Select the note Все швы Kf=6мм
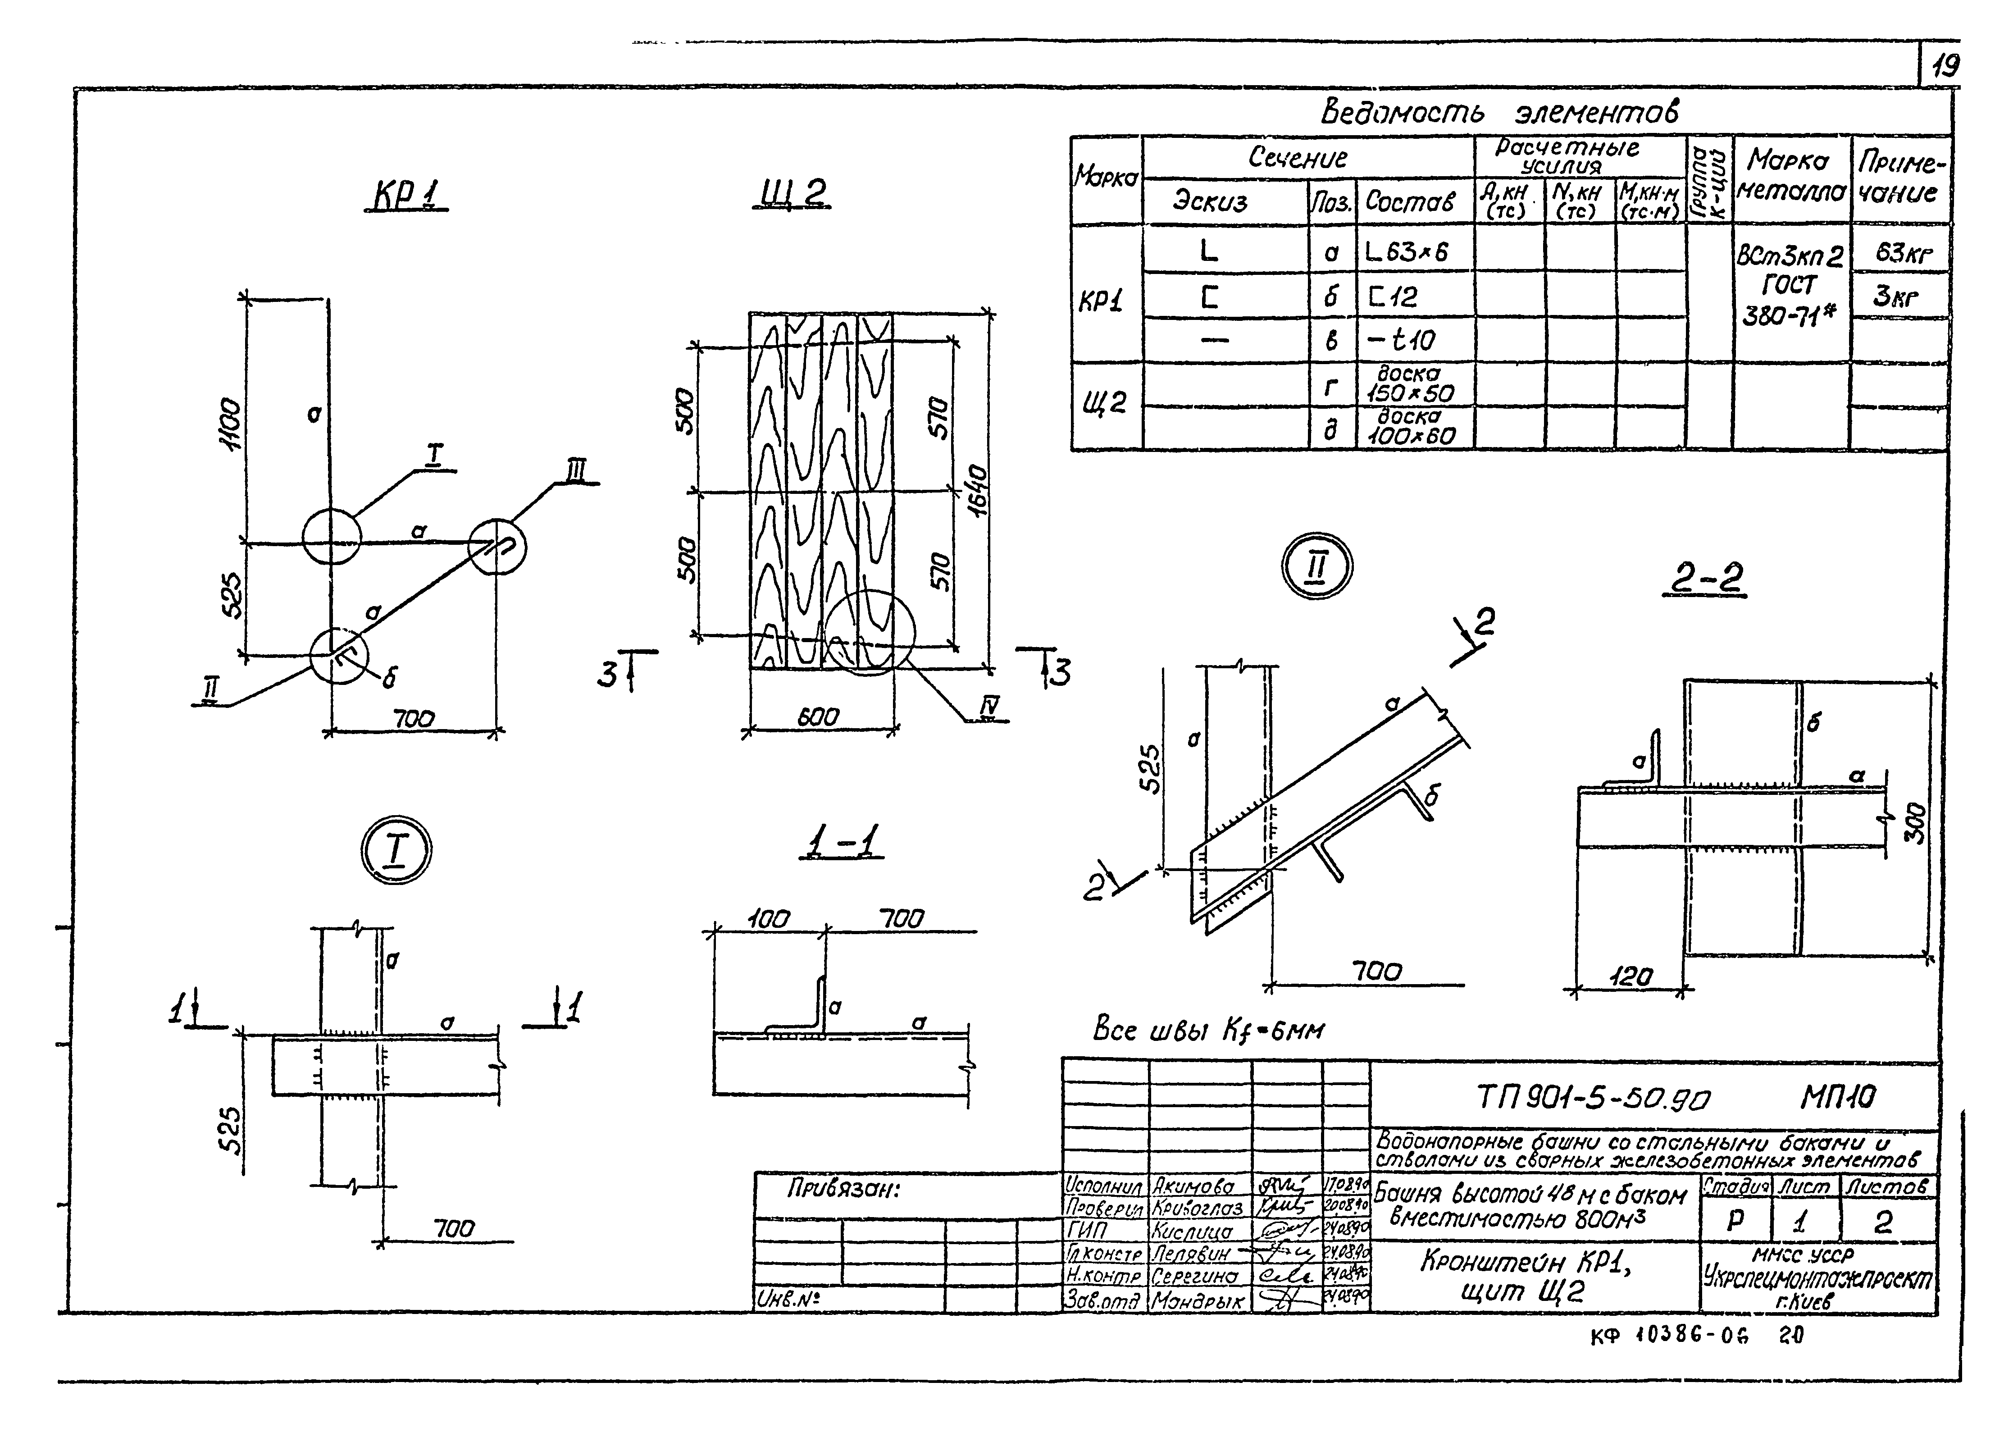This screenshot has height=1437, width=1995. [1208, 1030]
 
